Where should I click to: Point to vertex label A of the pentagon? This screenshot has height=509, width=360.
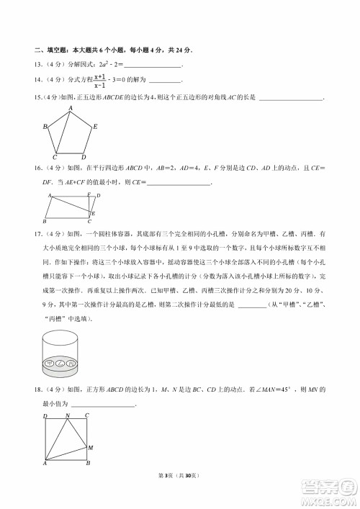pyautogui.click(x=71, y=109)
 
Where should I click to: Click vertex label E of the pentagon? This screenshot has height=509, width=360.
pyautogui.click(x=95, y=127)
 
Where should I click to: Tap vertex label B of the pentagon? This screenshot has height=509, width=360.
pyautogui.click(x=45, y=127)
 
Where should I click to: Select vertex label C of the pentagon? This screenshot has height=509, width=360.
pyautogui.click(x=55, y=157)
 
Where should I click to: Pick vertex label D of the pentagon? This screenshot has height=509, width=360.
pyautogui.click(x=84, y=157)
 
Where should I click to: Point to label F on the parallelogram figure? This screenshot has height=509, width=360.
pyautogui.click(x=89, y=194)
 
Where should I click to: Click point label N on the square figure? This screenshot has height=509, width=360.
pyautogui.click(x=67, y=415)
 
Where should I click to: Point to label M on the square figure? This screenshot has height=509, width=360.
pyautogui.click(x=91, y=448)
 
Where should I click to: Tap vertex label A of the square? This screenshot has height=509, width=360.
pyautogui.click(x=45, y=464)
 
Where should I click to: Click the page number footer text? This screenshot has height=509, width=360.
pyautogui.click(x=180, y=476)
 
